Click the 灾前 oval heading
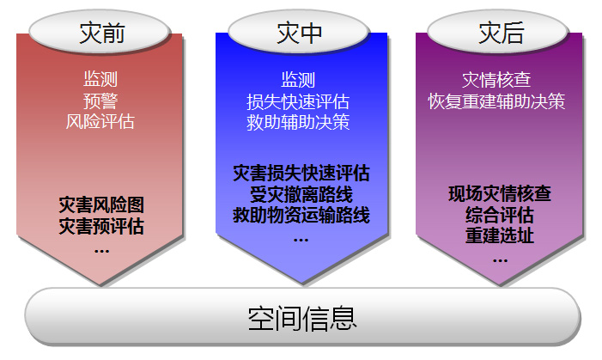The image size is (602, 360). point(99,33)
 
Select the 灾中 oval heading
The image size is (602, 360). point(298,33)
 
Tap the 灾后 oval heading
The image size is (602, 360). point(498,33)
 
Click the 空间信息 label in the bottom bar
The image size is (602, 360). point(302,319)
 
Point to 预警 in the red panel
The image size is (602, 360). point(100,101)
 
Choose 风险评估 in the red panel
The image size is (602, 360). point(100,122)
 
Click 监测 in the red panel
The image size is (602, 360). point(100,79)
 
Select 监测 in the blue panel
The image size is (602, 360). point(298,80)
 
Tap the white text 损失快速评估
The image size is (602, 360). point(298,102)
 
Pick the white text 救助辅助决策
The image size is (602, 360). point(298,122)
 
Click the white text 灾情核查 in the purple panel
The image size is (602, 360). point(497,80)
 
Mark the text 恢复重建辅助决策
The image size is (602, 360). point(497,101)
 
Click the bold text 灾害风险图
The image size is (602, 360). point(101,204)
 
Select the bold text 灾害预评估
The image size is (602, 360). point(101,226)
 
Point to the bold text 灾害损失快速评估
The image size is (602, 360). point(301,174)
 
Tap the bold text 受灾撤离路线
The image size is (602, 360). point(301,194)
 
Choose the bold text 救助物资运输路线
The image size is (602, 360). point(301,215)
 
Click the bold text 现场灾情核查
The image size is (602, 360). point(500,193)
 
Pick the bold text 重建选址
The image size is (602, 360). point(500,235)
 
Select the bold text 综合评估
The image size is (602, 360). point(500,215)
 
